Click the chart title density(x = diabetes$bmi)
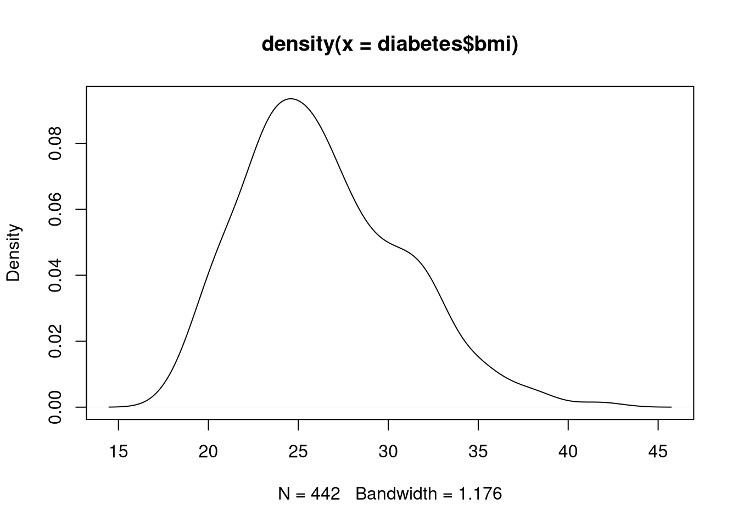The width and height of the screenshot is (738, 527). coord(390,44)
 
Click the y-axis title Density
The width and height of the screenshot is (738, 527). coord(13,253)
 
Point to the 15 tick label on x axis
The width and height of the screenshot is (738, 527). coord(119,452)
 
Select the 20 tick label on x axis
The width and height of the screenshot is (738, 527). coord(209,452)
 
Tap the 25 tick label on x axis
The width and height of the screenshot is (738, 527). coord(298,452)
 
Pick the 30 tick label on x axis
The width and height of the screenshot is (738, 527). coord(388,452)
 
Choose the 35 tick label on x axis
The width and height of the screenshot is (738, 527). coord(478,452)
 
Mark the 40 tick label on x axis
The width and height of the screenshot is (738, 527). coord(568,452)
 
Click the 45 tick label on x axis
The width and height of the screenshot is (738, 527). coord(658,452)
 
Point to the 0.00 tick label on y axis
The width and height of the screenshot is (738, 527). coord(55,407)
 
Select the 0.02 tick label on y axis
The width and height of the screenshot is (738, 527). coord(55,341)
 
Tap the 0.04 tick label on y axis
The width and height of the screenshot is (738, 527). coord(55,275)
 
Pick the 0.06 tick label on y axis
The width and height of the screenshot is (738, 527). coord(55,209)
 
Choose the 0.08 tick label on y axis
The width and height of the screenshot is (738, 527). coord(55,143)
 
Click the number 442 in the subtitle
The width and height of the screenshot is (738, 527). coord(326,494)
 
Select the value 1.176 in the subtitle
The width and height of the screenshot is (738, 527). coord(481,494)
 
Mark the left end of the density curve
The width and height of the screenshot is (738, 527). coord(109,407)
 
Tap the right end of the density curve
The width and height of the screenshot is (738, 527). coord(671,407)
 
